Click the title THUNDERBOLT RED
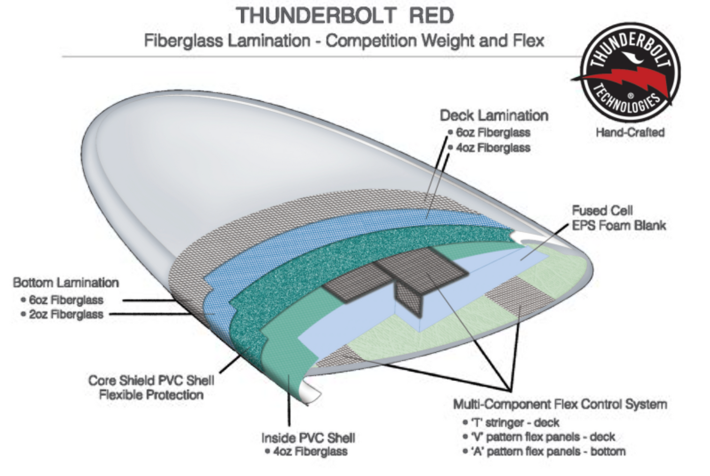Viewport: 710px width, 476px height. tap(345, 16)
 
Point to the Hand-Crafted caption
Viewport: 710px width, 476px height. tap(630, 132)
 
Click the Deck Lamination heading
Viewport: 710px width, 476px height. tap(494, 116)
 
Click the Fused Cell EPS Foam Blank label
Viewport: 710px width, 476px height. tap(619, 218)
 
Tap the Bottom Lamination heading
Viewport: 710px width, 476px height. tap(66, 283)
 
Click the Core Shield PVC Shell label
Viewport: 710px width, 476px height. tap(151, 380)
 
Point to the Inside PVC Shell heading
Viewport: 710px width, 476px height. tap(308, 438)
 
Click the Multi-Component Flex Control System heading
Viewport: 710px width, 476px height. tap(560, 405)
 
